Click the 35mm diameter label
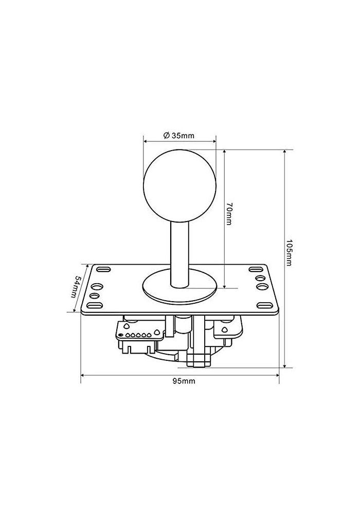click(178, 136)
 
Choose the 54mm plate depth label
click(76, 289)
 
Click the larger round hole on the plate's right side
click(261, 286)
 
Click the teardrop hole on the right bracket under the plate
click(225, 330)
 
